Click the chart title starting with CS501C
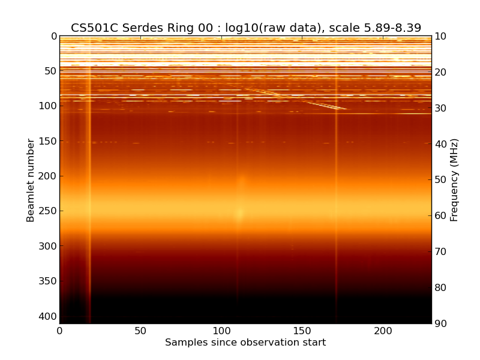[245, 28]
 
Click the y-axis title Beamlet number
[31, 180]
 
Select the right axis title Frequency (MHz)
[454, 180]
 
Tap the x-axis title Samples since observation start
[245, 343]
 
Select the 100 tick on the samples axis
[221, 331]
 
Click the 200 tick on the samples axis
[383, 331]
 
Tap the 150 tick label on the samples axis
[302, 331]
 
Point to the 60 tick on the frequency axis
[441, 216]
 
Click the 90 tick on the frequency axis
[441, 324]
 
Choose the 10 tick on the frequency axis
[441, 37]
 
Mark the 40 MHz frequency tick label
[441, 144]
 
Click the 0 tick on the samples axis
[59, 331]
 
